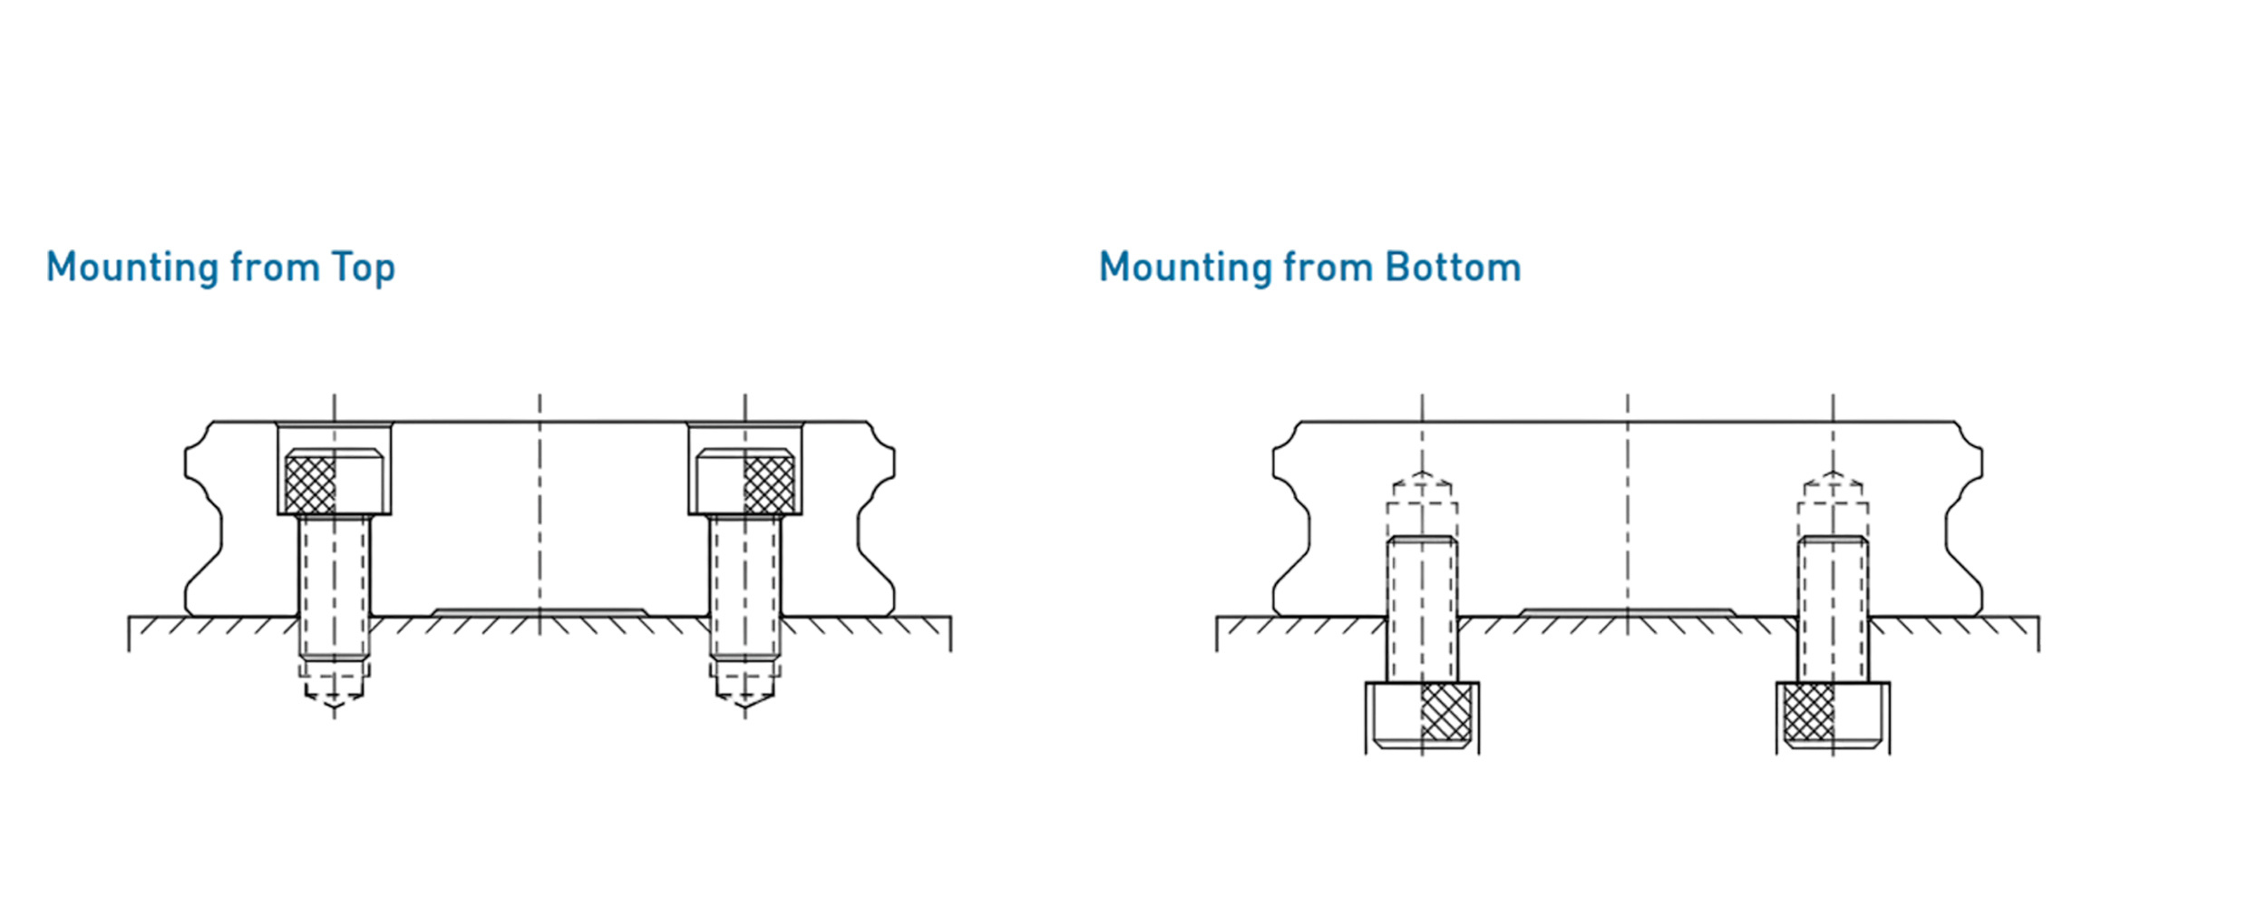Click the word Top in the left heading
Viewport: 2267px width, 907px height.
pyautogui.click(x=363, y=268)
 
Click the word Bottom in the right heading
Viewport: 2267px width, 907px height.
pyautogui.click(x=1453, y=268)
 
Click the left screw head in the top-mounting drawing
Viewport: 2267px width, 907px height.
pyautogui.click(x=334, y=482)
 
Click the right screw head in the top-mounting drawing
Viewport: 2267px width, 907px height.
pyautogui.click(x=745, y=482)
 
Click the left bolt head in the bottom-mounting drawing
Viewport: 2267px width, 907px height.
pyautogui.click(x=1422, y=717)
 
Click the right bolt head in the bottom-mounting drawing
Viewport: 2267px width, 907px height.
pyautogui.click(x=1833, y=717)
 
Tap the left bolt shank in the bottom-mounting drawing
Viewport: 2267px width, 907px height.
pyautogui.click(x=1422, y=609)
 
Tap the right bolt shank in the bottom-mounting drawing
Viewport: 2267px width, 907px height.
pyautogui.click(x=1833, y=609)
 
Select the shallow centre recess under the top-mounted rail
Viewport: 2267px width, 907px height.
pyautogui.click(x=540, y=613)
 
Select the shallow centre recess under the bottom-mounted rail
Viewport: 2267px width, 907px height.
pyautogui.click(x=1628, y=613)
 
